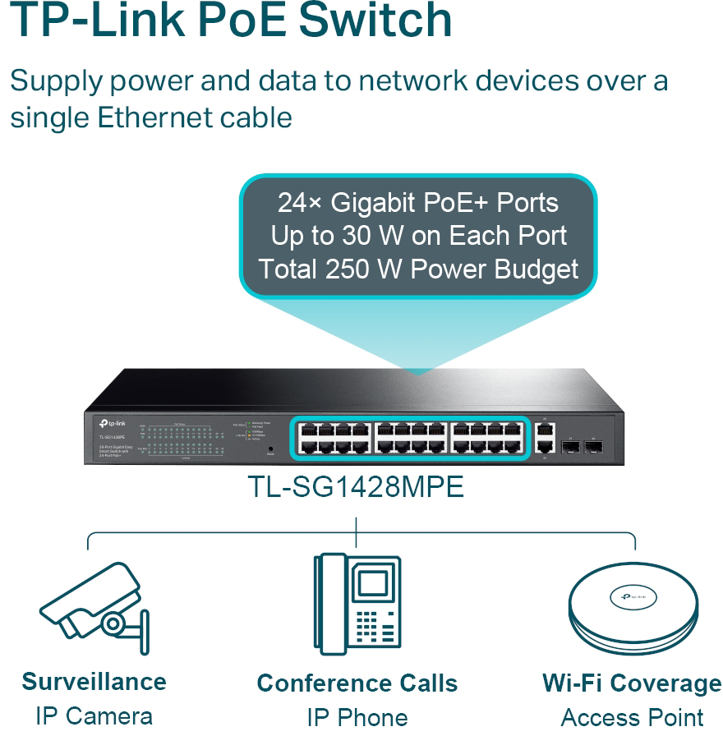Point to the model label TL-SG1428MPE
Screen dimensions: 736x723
[x=356, y=487]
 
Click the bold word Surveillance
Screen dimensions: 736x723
[x=94, y=681]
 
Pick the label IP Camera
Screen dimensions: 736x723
[x=94, y=715]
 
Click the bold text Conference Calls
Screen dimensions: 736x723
[x=357, y=683]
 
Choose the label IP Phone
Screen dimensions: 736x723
[x=357, y=717]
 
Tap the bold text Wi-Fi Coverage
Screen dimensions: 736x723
[x=632, y=683]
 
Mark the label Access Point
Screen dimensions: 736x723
[x=632, y=717]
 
